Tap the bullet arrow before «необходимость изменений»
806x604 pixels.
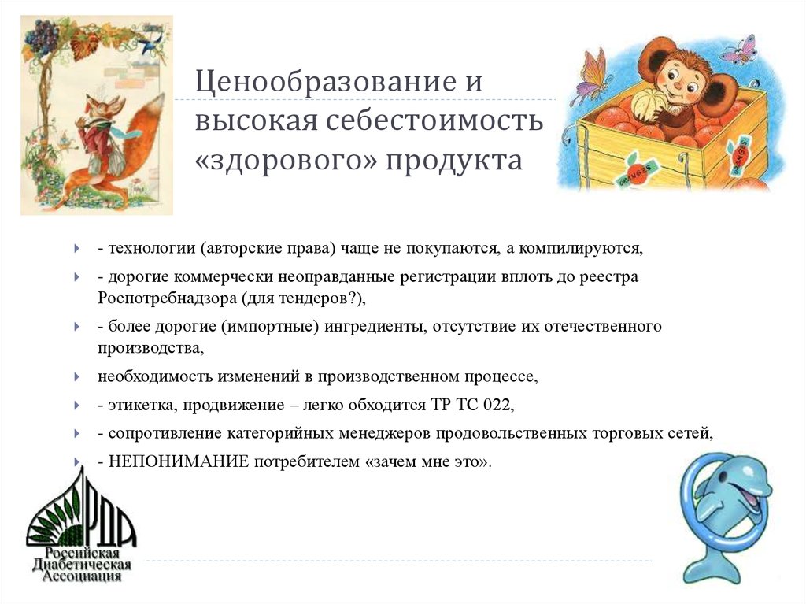click(76, 377)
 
